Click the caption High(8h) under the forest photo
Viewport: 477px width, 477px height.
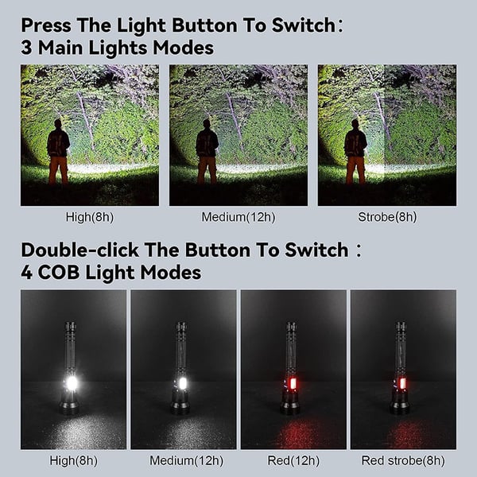coord(89,217)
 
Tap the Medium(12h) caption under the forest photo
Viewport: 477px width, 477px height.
coord(238,217)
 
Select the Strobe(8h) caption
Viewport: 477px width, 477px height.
coord(387,217)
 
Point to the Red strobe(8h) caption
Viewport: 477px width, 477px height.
coord(403,460)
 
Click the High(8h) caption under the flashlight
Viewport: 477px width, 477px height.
coord(73,460)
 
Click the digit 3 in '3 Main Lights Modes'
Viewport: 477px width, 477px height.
coord(27,48)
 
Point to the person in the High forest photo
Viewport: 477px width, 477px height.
coord(57,151)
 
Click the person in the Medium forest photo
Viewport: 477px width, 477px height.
coord(207,151)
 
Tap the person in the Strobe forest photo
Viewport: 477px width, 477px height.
coord(355,151)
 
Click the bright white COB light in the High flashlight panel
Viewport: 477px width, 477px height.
coord(72,383)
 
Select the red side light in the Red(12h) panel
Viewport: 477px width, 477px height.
coord(291,385)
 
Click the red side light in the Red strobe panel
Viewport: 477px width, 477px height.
coord(401,385)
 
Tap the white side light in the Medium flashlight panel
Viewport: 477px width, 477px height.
coord(182,383)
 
